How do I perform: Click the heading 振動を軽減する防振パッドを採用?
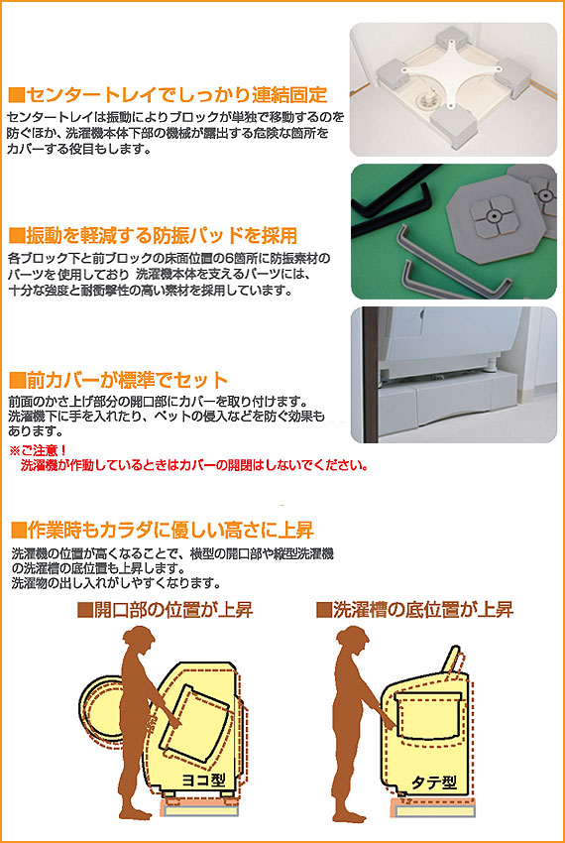[x=153, y=235]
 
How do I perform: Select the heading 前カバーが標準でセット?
[x=118, y=380]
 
